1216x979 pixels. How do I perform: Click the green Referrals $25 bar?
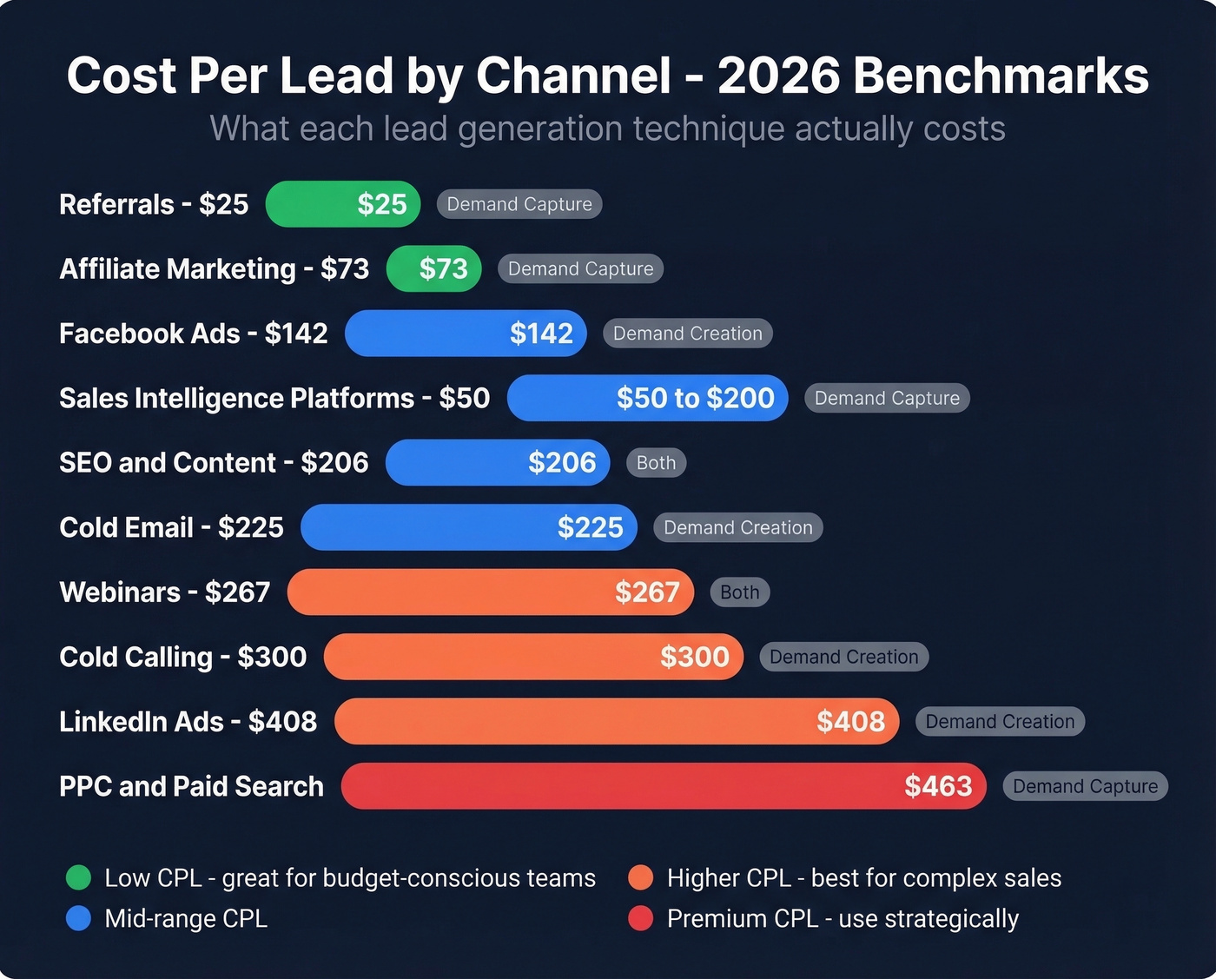tap(342, 204)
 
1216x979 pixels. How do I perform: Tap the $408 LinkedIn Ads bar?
tap(616, 721)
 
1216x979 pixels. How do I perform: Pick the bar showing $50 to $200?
tap(647, 398)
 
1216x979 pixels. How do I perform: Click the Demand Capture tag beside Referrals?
tap(519, 204)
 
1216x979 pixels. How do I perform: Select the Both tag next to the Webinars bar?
tap(739, 592)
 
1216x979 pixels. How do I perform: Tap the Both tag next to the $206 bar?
tap(656, 463)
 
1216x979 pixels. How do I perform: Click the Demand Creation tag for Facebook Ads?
tap(687, 334)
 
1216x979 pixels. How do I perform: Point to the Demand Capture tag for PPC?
tap(1085, 786)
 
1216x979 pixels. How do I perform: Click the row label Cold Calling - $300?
tap(182, 657)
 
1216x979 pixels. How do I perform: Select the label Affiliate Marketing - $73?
tap(214, 269)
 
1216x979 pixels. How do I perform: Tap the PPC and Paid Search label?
tap(191, 786)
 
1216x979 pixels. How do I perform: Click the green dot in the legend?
tap(78, 877)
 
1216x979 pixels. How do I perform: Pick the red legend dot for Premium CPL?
tap(640, 918)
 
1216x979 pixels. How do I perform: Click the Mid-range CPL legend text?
tap(185, 918)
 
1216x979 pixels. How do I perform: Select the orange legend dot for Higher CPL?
tap(640, 877)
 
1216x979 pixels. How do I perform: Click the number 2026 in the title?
tap(778, 76)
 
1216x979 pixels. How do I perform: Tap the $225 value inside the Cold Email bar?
tap(590, 527)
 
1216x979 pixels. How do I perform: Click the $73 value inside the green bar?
tap(443, 269)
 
